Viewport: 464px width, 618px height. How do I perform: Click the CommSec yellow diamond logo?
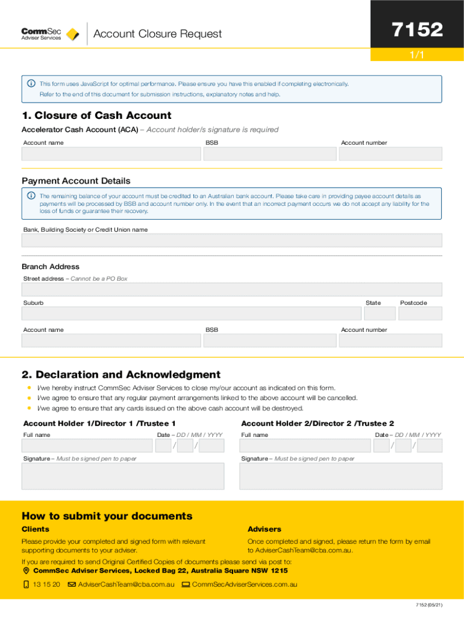(72, 34)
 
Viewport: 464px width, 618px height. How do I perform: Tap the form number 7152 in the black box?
(417, 30)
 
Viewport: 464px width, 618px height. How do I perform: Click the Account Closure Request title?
(157, 34)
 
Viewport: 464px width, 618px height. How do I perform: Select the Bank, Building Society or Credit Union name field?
(231, 240)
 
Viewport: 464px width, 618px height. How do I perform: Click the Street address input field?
(231, 289)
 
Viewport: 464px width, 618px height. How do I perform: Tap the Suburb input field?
(191, 313)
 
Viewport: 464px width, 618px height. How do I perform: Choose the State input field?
(380, 313)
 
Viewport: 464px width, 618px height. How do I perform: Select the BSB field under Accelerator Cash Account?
(269, 154)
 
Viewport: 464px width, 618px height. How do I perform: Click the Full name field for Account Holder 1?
(87, 445)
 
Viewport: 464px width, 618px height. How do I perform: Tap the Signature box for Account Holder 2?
(340, 476)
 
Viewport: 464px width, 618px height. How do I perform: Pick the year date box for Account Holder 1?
(212, 445)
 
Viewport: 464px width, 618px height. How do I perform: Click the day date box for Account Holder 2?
(381, 445)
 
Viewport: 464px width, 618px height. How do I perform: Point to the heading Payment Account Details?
(76, 181)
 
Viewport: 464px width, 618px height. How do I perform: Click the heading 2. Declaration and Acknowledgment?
(121, 375)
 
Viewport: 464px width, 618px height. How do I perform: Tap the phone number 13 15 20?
(46, 584)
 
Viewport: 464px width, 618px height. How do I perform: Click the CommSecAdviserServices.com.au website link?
(244, 584)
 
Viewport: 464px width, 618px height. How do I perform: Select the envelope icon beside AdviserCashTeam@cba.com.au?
(72, 584)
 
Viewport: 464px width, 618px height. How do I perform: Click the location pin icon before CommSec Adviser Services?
(26, 571)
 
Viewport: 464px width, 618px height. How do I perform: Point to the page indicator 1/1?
(417, 55)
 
